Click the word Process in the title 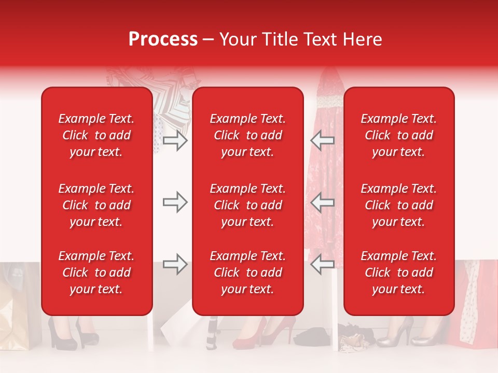point(163,39)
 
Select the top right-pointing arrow point(175,140)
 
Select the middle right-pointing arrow point(175,202)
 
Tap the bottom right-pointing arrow point(175,264)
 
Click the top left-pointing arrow point(323,140)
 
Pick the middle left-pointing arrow point(323,202)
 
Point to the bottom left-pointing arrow point(323,264)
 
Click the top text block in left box point(96,135)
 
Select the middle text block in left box point(96,205)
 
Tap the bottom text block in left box point(96,272)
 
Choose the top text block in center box point(247,135)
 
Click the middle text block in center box point(247,205)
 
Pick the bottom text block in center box point(247,272)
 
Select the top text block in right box point(398,135)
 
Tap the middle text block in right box point(398,205)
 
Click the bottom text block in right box point(398,272)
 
